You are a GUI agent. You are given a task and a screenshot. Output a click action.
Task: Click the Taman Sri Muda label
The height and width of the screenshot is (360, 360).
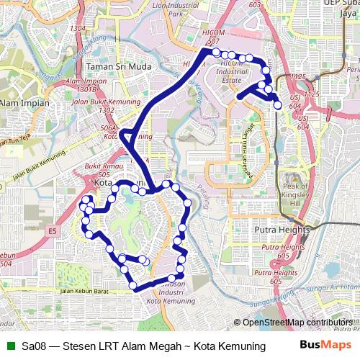[x=119, y=66]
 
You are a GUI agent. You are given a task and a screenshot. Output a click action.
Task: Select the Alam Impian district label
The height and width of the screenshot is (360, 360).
[x=24, y=103]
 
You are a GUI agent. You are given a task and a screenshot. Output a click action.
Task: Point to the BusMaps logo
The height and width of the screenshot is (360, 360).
[x=326, y=346]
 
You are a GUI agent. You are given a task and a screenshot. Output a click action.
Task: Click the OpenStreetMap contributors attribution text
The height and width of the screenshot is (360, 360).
[x=297, y=323]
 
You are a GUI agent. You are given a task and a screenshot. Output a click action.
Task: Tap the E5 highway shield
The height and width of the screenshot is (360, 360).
[x=52, y=230]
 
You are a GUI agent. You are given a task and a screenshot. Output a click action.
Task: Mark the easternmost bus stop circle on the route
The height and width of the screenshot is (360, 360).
[x=278, y=105]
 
